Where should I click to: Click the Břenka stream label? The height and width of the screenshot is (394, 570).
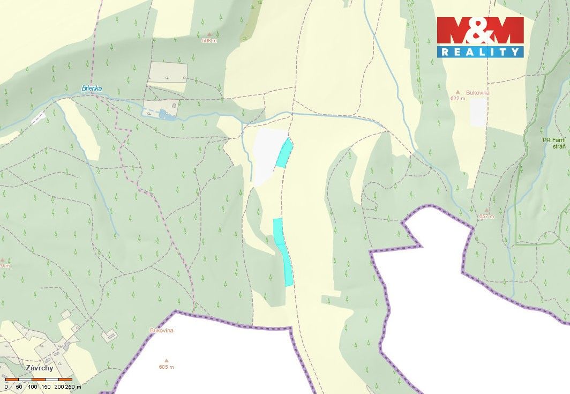[92, 88]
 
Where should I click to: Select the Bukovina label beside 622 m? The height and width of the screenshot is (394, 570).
[478, 93]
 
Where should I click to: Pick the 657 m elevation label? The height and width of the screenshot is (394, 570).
[486, 217]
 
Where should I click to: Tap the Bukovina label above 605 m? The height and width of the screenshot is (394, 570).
[161, 331]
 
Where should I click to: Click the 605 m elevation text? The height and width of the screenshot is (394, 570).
[167, 367]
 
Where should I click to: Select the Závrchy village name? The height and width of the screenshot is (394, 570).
[39, 368]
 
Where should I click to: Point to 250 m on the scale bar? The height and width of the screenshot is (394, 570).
[73, 386]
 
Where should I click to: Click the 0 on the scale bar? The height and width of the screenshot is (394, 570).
[6, 386]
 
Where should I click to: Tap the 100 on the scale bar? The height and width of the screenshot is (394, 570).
[33, 386]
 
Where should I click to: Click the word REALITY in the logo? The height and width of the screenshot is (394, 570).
[480, 52]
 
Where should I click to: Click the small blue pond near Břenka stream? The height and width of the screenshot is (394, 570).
[163, 114]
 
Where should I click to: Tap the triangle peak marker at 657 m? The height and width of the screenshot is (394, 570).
[486, 210]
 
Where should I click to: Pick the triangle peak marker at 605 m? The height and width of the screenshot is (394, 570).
[166, 361]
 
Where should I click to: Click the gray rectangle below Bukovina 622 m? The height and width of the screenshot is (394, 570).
[478, 112]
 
